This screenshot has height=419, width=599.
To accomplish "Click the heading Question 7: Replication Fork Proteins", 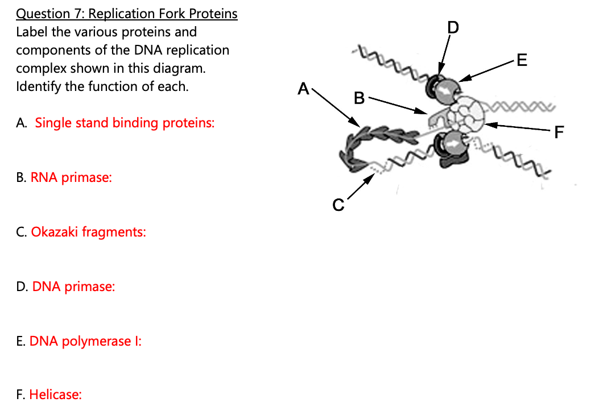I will click(x=126, y=14).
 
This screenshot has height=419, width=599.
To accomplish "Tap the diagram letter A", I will click(x=304, y=89).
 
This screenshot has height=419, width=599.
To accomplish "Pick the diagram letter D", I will click(x=452, y=27).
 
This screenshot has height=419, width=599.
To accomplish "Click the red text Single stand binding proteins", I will click(x=125, y=123).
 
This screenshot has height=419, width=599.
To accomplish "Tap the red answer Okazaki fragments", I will click(x=88, y=232).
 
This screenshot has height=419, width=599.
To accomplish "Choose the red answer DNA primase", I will click(x=73, y=287).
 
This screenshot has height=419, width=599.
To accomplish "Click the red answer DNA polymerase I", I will click(x=85, y=341).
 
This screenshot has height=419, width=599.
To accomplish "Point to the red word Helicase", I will click(x=55, y=395).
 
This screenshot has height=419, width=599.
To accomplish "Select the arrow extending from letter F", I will click(x=518, y=127).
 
